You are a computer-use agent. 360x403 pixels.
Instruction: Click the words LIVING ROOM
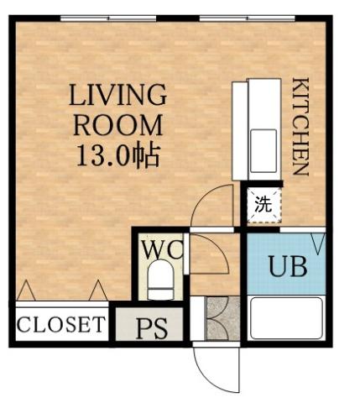(118, 109)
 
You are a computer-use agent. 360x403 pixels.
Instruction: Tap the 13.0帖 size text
(118, 156)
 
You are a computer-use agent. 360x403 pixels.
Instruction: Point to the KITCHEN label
(300, 126)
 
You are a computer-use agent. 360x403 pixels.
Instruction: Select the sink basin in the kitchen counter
(265, 144)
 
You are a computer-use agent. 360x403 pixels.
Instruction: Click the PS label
(151, 327)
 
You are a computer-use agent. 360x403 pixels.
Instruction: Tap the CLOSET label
(61, 324)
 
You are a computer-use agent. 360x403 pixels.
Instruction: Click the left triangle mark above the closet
(25, 290)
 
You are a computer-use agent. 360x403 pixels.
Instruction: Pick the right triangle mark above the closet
(99, 290)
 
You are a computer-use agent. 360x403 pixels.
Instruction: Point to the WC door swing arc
(210, 256)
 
